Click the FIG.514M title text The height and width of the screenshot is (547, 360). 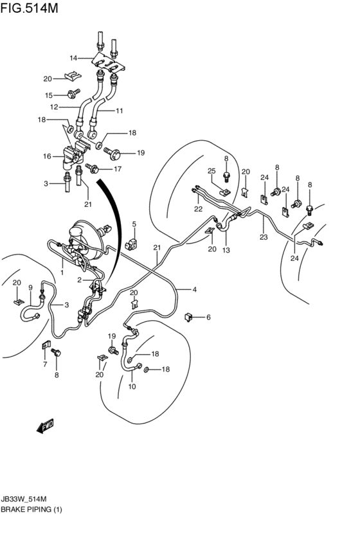click(30, 8)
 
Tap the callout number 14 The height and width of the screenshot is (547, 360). click(73, 58)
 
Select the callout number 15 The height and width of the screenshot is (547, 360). click(49, 95)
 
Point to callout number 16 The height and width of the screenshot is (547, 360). click(47, 156)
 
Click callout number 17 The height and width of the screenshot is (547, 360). click(118, 169)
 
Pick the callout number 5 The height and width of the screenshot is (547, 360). click(134, 224)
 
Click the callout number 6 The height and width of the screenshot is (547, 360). click(208, 317)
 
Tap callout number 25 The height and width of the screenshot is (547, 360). click(212, 171)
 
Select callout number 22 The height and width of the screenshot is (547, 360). click(198, 209)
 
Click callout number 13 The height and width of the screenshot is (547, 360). click(226, 250)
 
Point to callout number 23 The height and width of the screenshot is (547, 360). click(264, 237)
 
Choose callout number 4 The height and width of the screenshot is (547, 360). click(194, 289)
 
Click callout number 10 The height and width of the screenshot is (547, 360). click(132, 386)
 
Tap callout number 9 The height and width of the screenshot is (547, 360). click(30, 288)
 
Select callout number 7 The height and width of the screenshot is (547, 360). click(44, 365)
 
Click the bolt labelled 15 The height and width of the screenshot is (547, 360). click(73, 93)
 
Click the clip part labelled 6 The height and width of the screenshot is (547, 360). click(188, 317)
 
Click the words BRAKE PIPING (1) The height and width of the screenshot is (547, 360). click(32, 509)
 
